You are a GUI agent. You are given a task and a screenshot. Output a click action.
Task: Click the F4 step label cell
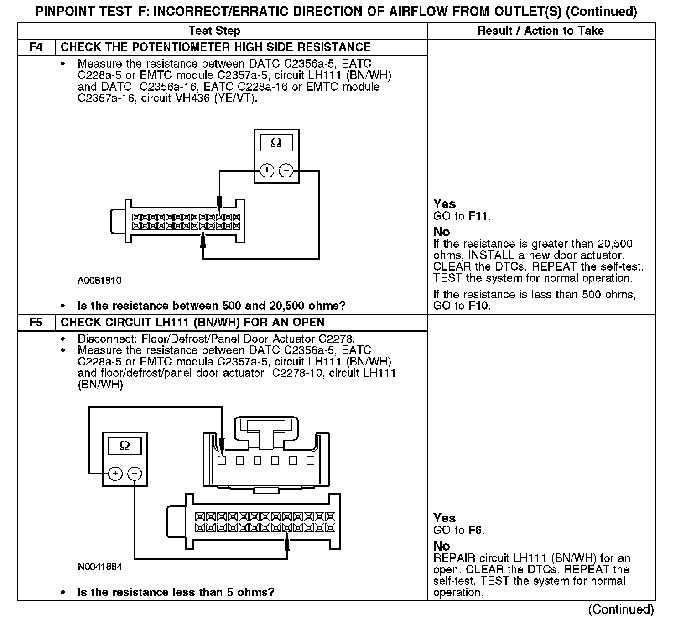coord(36,47)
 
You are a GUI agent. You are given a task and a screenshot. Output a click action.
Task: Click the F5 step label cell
coord(36,323)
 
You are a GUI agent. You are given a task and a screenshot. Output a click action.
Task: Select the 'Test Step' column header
coord(214,31)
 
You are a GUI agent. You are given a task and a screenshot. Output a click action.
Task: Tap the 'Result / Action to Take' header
coord(541,31)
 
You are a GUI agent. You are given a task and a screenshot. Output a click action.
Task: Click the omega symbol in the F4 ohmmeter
coord(276,143)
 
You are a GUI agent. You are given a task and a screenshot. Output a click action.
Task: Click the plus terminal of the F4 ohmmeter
coord(267,171)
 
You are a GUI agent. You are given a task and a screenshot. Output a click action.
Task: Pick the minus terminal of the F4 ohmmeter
coord(286,171)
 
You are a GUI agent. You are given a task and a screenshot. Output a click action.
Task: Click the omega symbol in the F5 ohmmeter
coord(124,446)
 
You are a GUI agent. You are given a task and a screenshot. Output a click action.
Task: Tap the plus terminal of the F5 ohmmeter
coord(115,474)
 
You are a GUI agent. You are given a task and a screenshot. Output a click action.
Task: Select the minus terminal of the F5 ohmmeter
coord(135,474)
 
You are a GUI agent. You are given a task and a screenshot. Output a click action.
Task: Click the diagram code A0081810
coord(99,281)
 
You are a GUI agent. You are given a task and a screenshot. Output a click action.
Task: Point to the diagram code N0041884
coord(100,567)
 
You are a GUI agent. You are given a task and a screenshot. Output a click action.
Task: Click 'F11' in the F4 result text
coord(479,216)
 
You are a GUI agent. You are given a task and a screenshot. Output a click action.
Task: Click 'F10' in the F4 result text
coord(479,306)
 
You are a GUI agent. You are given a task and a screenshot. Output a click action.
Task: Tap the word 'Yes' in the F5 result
coord(444,518)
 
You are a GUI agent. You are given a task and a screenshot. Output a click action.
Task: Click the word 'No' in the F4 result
coord(442,232)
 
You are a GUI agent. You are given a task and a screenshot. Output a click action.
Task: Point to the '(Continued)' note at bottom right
coord(621,609)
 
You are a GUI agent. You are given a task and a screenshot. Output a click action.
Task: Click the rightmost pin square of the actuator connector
coord(311,461)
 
